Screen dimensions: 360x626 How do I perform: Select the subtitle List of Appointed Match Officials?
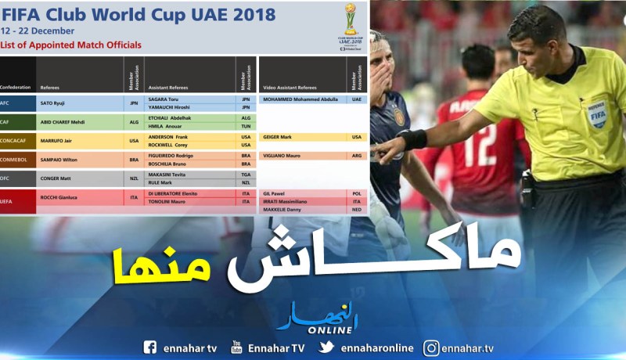coord(71,45)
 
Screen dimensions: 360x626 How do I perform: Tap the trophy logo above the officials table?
coord(350,24)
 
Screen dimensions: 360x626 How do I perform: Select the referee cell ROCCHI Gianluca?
coord(61,198)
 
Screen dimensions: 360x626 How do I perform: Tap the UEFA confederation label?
coord(8,198)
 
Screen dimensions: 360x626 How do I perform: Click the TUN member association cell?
coord(246,126)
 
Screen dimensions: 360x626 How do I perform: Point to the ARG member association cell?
coord(357,156)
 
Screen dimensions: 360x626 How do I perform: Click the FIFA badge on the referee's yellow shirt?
coord(596,114)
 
